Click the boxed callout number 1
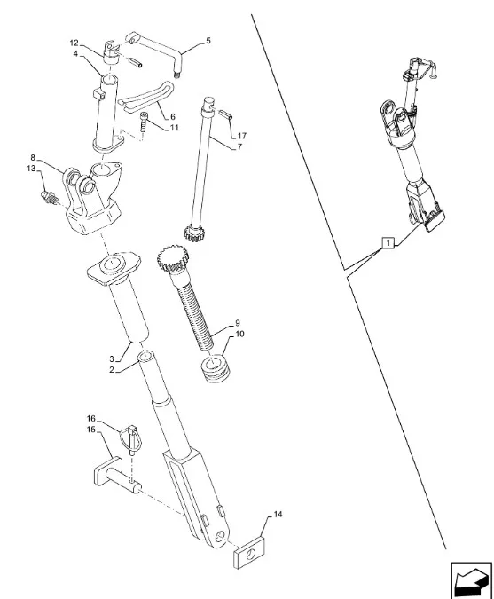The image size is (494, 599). click(x=388, y=242)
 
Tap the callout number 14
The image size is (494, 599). click(x=278, y=514)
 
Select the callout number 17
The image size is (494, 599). click(x=241, y=136)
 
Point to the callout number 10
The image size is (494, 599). click(x=239, y=335)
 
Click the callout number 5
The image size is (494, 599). click(x=208, y=41)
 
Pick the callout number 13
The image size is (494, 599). click(x=31, y=169)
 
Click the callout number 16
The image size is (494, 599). click(x=90, y=419)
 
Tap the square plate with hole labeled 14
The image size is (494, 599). click(x=250, y=553)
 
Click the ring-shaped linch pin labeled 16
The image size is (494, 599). click(x=131, y=439)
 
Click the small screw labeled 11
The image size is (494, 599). click(x=144, y=122)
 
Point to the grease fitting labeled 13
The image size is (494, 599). click(x=49, y=198)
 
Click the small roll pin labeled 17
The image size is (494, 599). click(x=225, y=114)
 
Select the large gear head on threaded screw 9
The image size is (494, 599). click(x=172, y=260)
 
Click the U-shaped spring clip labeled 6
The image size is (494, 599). click(x=147, y=98)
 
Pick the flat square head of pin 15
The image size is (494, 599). click(x=107, y=471)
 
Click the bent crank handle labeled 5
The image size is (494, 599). click(x=156, y=53)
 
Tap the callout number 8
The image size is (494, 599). click(x=33, y=157)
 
